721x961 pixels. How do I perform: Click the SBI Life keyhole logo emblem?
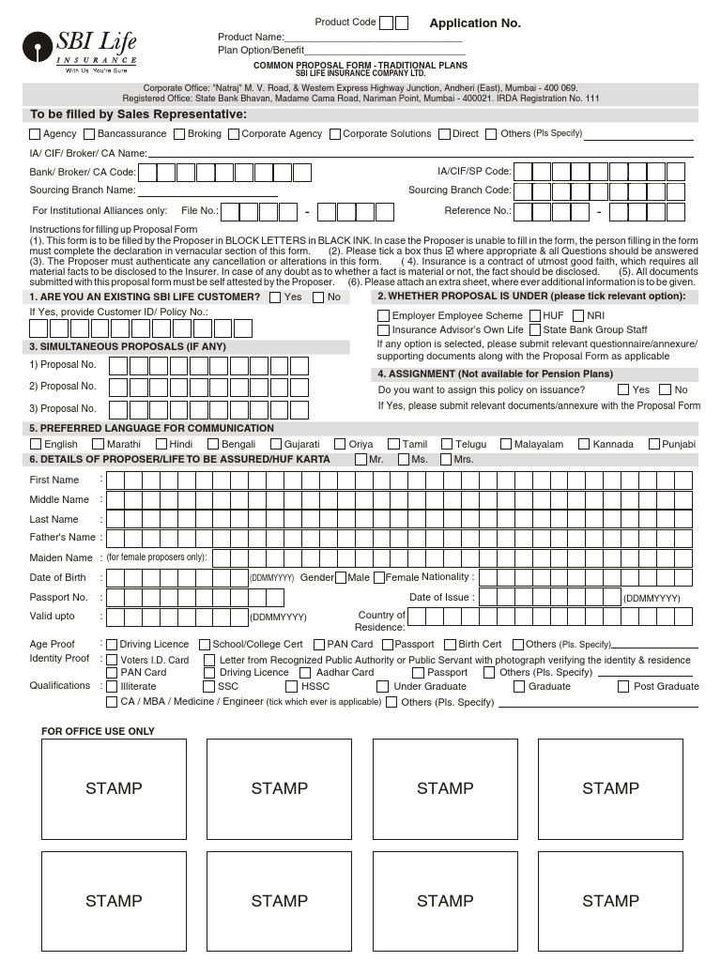click(x=38, y=46)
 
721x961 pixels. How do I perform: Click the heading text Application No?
click(x=474, y=23)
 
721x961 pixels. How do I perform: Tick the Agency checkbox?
click(x=36, y=134)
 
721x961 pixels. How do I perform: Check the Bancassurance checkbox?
click(x=89, y=134)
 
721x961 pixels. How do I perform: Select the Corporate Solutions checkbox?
click(x=335, y=134)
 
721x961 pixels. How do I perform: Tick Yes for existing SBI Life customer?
click(x=275, y=297)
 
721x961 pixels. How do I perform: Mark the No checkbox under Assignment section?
click(x=666, y=389)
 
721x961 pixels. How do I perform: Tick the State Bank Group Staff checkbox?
click(x=534, y=330)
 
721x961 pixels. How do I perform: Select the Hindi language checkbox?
click(x=161, y=445)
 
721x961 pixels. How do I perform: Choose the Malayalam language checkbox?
click(x=506, y=445)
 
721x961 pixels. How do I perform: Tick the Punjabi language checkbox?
click(x=653, y=445)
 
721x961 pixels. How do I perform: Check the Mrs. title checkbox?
click(x=445, y=460)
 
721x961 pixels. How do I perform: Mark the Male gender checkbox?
click(x=340, y=578)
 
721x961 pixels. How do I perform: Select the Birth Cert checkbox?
click(x=450, y=645)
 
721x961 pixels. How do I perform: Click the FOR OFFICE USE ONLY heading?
click(x=99, y=731)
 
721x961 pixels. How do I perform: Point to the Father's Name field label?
click(x=63, y=538)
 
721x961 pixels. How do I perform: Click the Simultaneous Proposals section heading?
click(x=128, y=347)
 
